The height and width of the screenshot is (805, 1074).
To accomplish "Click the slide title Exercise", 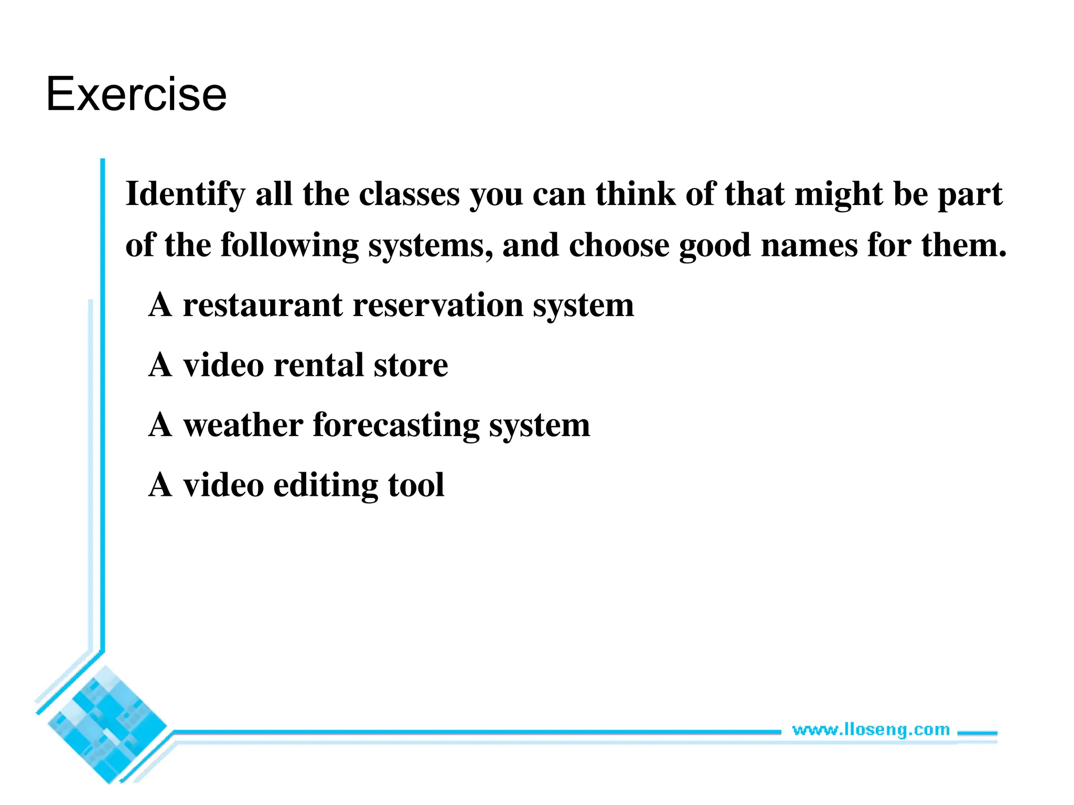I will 136,94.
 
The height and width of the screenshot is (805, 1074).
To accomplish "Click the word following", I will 289,245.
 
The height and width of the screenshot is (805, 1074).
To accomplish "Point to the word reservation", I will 438,305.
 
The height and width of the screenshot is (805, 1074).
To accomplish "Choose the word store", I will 411,366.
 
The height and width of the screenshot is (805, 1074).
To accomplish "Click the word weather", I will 243,425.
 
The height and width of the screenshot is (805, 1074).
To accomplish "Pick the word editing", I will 325,485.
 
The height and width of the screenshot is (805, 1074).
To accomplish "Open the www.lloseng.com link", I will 871,730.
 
